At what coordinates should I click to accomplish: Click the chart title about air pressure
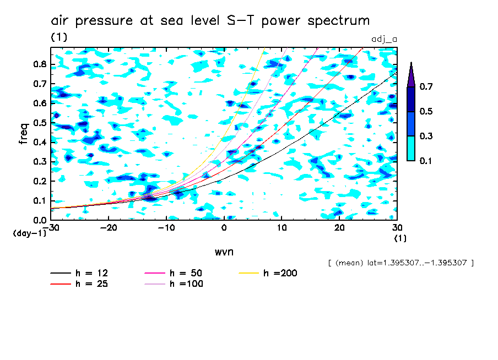pos(210,21)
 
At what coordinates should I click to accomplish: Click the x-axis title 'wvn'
pos(224,252)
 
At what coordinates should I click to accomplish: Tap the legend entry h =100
pos(187,284)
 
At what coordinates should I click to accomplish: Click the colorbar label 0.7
pos(426,87)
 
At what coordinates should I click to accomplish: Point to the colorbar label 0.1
pos(426,161)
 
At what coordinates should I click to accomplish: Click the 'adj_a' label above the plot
pos(385,39)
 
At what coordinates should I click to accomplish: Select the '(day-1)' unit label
pos(30,233)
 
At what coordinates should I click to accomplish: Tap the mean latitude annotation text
pos(400,263)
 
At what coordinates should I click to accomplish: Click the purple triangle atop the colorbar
pos(411,74)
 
